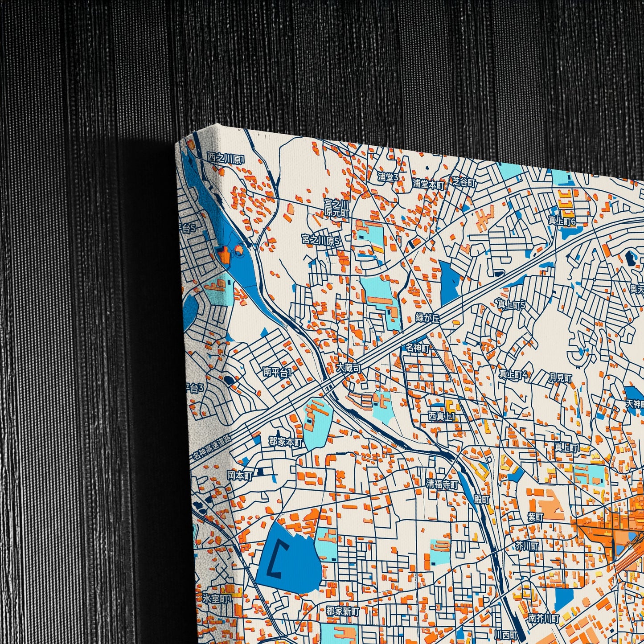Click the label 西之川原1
(226, 158)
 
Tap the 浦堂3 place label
(388, 177)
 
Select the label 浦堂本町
(428, 183)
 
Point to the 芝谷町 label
(464, 183)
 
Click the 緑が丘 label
(427, 317)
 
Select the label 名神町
(417, 348)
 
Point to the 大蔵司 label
(348, 368)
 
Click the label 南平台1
(277, 372)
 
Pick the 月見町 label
(560, 378)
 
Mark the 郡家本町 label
(286, 442)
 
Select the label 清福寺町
(442, 484)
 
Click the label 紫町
(536, 517)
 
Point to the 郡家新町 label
(342, 610)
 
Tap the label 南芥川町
(544, 619)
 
